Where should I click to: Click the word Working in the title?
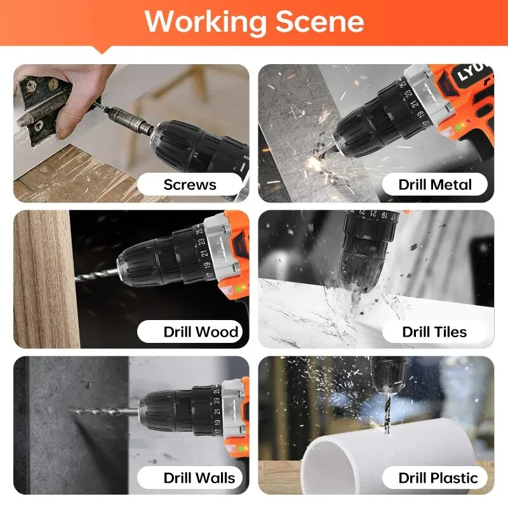tap(206, 22)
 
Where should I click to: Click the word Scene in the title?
tap(319, 22)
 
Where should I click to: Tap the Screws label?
tap(190, 185)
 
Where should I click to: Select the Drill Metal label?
tap(435, 185)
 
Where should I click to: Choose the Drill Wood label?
tap(201, 331)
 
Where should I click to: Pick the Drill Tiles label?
tap(434, 331)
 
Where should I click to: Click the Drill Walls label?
tap(199, 478)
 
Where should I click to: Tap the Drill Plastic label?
tap(438, 478)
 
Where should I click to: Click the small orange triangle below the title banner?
tap(102, 50)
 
